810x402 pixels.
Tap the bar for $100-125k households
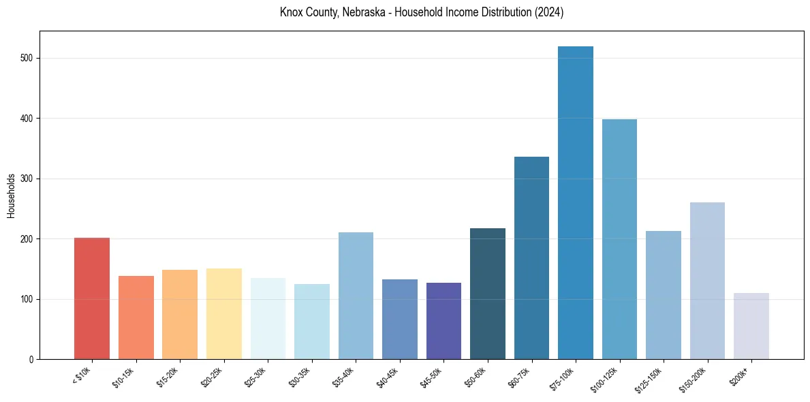click(x=619, y=239)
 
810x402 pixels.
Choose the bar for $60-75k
click(x=531, y=258)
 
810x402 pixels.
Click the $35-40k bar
click(x=356, y=296)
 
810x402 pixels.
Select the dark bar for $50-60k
click(x=488, y=294)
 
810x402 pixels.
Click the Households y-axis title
click(x=12, y=196)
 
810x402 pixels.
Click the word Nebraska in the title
click(x=357, y=12)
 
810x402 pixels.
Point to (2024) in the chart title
click(x=550, y=12)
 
